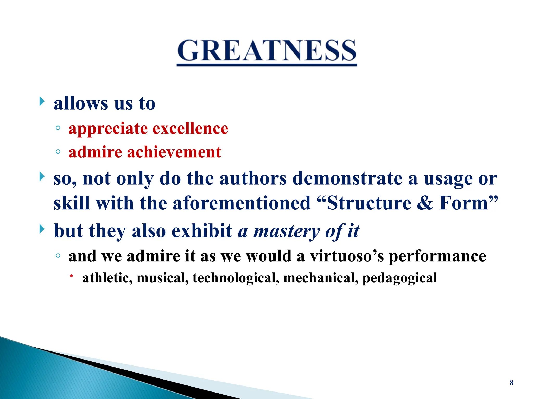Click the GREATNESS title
[x=267, y=51]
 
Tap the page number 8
[x=511, y=383]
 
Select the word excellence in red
[x=190, y=129]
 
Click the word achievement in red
[x=174, y=152]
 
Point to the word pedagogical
[x=399, y=278]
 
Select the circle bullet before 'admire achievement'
[x=58, y=152]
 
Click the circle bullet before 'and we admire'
[x=58, y=256]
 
